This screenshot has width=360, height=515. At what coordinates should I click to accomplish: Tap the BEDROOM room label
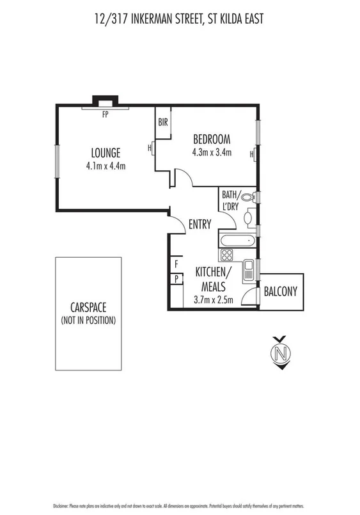click(211, 139)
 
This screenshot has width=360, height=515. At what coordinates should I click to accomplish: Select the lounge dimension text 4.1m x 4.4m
click(106, 166)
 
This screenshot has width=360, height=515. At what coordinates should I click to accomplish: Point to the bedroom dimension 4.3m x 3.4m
click(211, 152)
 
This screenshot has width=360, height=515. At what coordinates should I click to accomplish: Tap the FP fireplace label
click(105, 115)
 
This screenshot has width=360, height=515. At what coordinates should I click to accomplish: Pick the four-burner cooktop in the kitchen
click(227, 255)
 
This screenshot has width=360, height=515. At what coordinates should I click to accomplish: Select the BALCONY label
click(281, 292)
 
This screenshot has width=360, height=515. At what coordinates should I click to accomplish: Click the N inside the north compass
click(279, 353)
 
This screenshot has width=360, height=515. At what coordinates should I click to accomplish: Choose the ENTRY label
click(200, 223)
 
